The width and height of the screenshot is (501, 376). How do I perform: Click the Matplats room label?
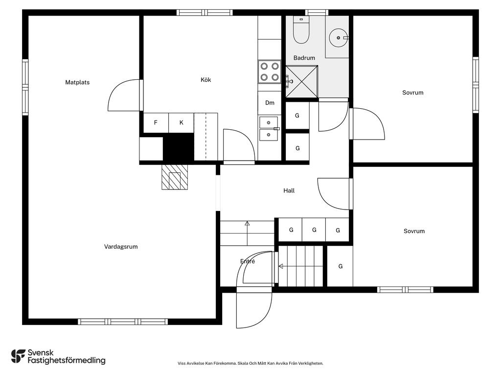tap(77, 82)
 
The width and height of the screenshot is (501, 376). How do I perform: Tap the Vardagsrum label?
tap(121, 247)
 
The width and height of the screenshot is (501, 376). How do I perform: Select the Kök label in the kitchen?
tap(206, 80)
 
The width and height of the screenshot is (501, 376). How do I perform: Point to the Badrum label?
tap(304, 58)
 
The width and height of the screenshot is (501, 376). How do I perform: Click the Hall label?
tap(289, 190)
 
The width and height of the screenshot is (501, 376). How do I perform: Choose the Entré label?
tap(248, 261)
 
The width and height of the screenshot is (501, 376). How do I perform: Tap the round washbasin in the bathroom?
tap(339, 38)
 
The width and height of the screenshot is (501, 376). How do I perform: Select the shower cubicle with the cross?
tap(301, 82)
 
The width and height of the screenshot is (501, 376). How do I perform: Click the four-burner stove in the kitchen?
tap(270, 72)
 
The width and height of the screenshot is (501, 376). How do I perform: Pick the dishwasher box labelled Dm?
tap(270, 103)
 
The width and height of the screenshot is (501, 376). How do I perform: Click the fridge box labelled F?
tap(156, 122)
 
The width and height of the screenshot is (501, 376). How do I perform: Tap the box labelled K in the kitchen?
tap(181, 122)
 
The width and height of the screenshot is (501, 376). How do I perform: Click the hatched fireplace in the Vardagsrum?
tap(175, 177)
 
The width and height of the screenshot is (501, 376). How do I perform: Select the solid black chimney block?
tap(179, 147)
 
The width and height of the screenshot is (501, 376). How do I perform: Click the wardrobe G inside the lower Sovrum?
tap(341, 266)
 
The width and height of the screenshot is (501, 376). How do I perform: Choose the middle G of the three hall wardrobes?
tap(314, 230)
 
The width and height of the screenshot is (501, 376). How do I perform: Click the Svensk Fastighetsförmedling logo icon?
tap(18, 356)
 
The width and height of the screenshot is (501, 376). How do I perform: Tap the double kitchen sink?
tap(269, 129)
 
